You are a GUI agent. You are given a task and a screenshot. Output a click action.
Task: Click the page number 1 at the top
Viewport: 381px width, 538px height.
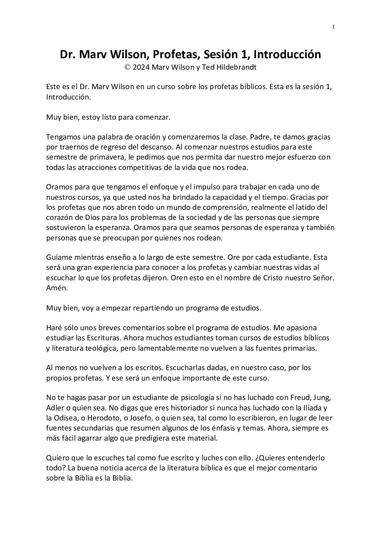pos(334,27)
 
